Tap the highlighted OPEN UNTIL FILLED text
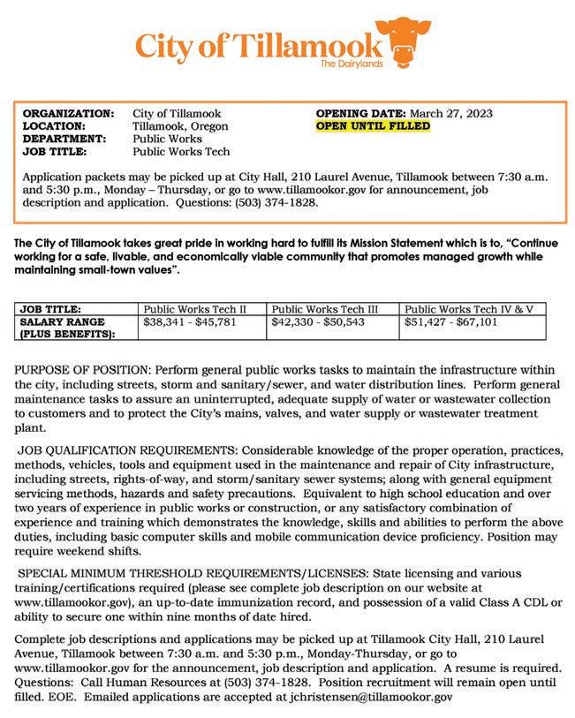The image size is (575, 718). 373,126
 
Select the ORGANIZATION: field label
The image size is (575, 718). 68,114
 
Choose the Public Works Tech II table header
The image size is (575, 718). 193,309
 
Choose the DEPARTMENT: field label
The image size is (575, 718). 64,139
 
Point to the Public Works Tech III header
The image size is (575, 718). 325,309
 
